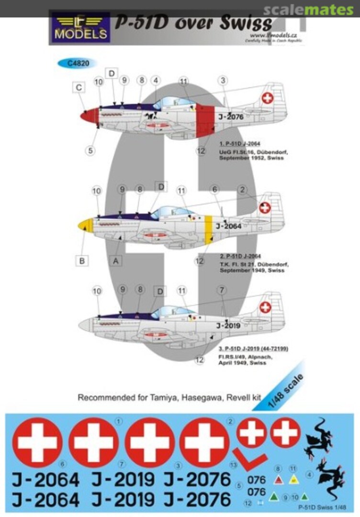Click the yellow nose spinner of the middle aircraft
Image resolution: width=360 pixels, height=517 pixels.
[x=86, y=225]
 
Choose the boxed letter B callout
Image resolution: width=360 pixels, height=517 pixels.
[x=81, y=261]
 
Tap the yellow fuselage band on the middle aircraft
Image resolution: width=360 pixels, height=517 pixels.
[x=208, y=228]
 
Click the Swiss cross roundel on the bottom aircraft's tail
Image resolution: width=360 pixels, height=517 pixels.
[x=265, y=307]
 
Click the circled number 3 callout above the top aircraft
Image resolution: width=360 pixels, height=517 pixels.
[x=223, y=80]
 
